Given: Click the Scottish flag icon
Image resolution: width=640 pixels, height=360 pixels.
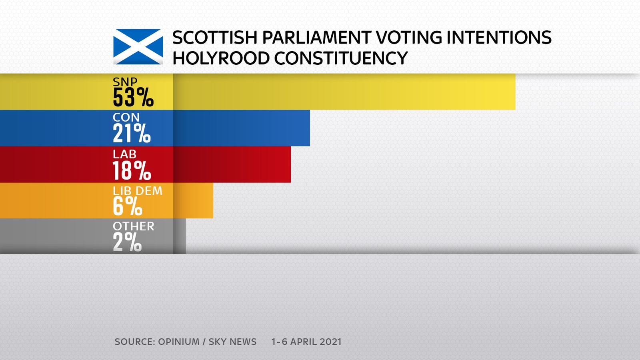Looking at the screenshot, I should tap(138, 46).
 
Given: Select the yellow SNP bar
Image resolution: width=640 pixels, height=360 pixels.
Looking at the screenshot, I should tap(344, 92).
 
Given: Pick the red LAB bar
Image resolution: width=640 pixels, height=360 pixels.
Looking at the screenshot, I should tap(232, 164).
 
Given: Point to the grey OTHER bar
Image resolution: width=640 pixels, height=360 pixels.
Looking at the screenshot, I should tap(180, 236).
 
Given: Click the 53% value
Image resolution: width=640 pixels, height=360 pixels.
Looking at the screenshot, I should tap(133, 98).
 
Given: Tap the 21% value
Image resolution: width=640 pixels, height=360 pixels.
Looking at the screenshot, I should tap(132, 133).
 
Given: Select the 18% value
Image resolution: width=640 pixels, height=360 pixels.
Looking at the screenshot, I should tap(132, 170).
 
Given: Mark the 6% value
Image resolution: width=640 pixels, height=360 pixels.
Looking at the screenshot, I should tap(127, 206).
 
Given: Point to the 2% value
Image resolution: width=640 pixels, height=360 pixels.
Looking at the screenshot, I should tap(127, 242).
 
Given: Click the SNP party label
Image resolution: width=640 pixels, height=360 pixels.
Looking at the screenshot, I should tap(125, 82).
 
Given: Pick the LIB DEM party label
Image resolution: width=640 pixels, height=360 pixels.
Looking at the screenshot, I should tap(138, 191).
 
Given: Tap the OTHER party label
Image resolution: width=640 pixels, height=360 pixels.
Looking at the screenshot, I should tap(133, 226).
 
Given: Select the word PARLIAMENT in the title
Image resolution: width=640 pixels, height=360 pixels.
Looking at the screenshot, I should tap(316, 37).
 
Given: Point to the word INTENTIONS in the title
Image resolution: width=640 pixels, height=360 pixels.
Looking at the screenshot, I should tap(499, 37).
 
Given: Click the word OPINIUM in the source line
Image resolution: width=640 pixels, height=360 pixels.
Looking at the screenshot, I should tap(178, 342).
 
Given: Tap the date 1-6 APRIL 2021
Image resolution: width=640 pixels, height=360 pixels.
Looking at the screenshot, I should tap(306, 342).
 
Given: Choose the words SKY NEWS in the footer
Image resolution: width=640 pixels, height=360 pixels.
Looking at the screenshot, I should tap(232, 342).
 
